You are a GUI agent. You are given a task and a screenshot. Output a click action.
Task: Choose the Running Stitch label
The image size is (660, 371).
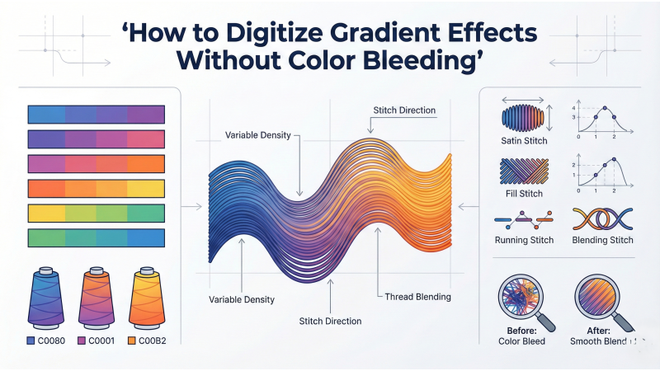(524, 241)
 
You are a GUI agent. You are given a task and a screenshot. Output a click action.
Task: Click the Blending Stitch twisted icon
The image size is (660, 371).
(602, 218)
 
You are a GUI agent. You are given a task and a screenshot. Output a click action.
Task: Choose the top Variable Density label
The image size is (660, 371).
(257, 134)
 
